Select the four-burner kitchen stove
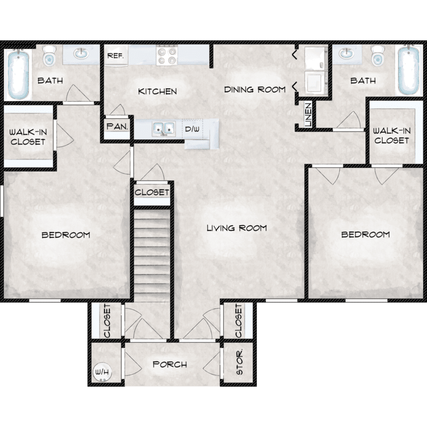pos(168,56)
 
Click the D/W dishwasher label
pos(192,129)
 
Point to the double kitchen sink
pos(163,129)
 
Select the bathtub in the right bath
pos(408,71)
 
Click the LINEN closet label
pos(308,114)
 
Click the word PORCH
pos(170,364)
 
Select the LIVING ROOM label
pos(236,228)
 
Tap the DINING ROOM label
pos(254,89)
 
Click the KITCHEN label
pos(157,91)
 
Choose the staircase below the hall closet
pos(152,253)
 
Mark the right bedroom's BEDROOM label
pos(365,235)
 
